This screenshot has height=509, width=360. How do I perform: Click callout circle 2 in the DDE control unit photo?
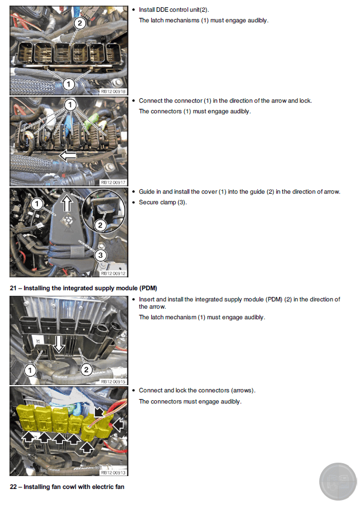click(80, 23)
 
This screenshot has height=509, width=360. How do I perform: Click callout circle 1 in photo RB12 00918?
click(68, 84)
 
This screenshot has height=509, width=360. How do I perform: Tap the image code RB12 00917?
click(113, 183)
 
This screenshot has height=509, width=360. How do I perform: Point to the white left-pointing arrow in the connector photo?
click(68, 156)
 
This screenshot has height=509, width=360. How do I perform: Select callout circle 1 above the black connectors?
click(70, 105)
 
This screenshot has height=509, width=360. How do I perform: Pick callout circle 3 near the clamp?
click(100, 255)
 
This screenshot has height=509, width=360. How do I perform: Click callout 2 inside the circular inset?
click(100, 225)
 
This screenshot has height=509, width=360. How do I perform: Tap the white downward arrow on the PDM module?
click(59, 344)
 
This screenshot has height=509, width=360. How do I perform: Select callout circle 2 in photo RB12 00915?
click(86, 369)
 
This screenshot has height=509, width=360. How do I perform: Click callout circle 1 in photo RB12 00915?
click(30, 370)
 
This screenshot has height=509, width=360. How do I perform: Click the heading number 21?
click(13, 288)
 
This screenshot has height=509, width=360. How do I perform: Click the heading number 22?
click(13, 487)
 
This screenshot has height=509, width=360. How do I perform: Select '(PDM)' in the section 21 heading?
click(148, 288)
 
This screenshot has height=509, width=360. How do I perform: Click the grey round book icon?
click(338, 482)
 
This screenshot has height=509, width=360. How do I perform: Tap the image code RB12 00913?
click(113, 473)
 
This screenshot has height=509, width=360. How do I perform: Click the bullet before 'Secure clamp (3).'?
click(133, 202)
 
